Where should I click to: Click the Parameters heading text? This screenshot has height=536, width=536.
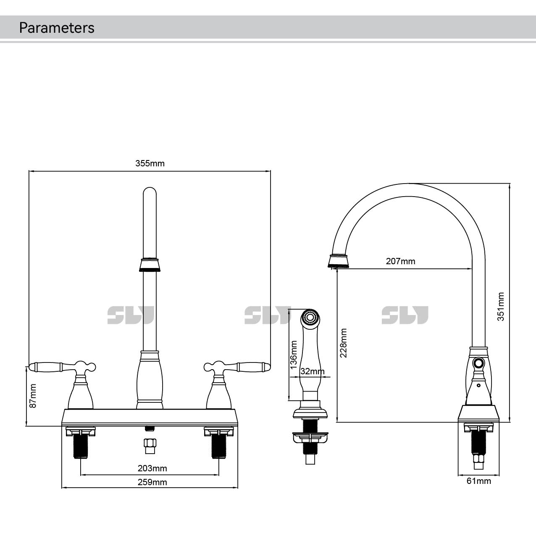click(57, 28)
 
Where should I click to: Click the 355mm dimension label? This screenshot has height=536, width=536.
click(150, 163)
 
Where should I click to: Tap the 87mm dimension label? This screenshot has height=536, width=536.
click(33, 395)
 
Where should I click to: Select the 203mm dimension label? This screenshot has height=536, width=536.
click(152, 468)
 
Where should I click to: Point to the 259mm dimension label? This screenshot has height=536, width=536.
click(152, 482)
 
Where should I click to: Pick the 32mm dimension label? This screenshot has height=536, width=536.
click(312, 371)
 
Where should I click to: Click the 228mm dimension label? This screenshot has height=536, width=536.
click(344, 343)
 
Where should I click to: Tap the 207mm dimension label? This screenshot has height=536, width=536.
click(400, 261)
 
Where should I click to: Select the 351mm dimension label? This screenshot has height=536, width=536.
click(501, 307)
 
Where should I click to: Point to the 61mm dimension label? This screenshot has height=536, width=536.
click(478, 481)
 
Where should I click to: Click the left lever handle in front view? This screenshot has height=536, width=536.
click(50, 367)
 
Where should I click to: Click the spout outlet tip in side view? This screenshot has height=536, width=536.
click(339, 261)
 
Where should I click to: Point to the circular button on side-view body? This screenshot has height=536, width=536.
click(478, 363)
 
